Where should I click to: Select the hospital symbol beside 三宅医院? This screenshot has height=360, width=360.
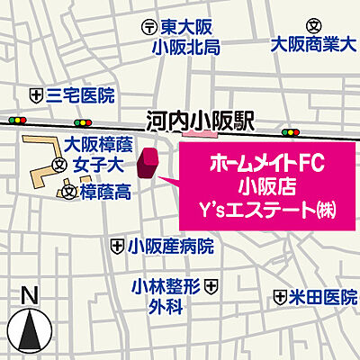point(36,94)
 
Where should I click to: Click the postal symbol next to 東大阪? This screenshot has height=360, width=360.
point(149,28)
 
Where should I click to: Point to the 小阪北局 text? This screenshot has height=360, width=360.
point(186,48)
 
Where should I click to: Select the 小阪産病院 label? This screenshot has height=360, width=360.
point(170,245)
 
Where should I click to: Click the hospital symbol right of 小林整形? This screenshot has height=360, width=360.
point(211,286)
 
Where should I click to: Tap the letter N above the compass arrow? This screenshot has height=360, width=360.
point(29,294)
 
